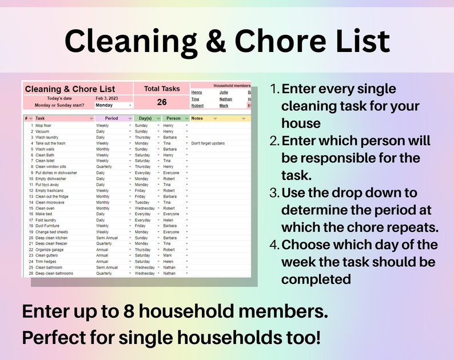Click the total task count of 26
coord(162,102)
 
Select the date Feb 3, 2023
coord(107,98)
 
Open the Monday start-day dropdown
coord(113,105)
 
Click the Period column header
coord(111,118)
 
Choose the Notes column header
coord(197,118)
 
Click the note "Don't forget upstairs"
coord(212,143)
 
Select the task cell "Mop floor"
coord(43,125)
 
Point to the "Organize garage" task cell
coord(50,249)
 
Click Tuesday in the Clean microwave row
coord(142,202)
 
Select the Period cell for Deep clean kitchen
coord(107,238)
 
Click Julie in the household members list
coord(224,92)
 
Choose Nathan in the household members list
coord(225,99)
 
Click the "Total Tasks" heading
coord(162,89)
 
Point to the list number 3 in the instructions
coord(274,193)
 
